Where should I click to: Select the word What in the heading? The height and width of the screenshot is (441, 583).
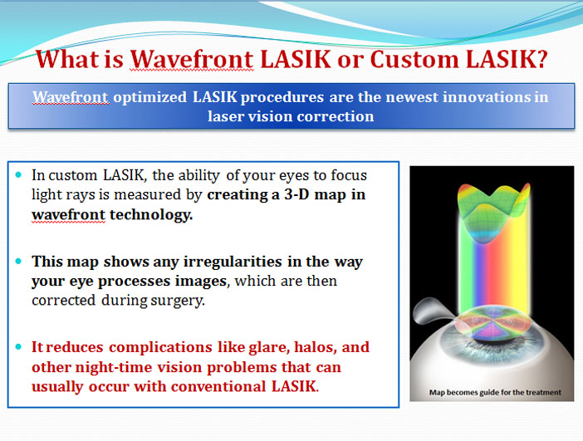(x=67, y=59)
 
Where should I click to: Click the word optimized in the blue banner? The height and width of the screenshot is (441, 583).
(x=149, y=97)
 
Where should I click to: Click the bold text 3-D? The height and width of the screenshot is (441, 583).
(x=296, y=194)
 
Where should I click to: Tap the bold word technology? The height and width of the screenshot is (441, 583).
(x=151, y=215)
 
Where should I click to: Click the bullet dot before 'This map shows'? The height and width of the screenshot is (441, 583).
(x=18, y=262)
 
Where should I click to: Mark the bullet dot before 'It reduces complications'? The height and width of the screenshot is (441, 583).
(x=18, y=347)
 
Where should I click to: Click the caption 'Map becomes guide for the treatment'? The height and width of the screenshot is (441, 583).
(x=495, y=393)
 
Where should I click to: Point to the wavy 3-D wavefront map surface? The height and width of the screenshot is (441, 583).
(x=494, y=212)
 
